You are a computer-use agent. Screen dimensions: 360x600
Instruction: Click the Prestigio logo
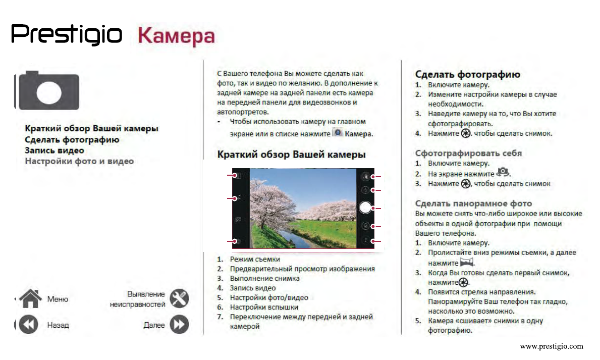[x=67, y=35]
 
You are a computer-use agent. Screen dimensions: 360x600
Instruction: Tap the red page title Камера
[x=176, y=36]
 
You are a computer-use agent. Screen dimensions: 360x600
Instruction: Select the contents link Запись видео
[x=54, y=150]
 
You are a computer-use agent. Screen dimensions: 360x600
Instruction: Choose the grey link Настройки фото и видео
[x=79, y=162]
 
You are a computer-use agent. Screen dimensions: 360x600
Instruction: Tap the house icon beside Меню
[x=30, y=298]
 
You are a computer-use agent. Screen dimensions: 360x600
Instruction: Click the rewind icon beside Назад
[x=29, y=325]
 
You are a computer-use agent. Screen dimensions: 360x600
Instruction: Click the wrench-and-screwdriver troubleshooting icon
[x=179, y=299]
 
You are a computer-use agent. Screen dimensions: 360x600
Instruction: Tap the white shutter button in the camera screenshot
[x=366, y=208]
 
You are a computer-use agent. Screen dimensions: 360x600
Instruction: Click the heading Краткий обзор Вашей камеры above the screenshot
[x=291, y=155]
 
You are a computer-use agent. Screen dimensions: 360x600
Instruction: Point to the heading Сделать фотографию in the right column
[x=467, y=75]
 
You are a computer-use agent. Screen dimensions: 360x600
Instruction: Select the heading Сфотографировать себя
[x=468, y=153]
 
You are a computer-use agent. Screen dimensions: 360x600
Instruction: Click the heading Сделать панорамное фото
[x=473, y=203]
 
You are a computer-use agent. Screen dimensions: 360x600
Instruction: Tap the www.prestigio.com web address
[x=551, y=346]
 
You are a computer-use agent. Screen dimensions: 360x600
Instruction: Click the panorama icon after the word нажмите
[x=467, y=263]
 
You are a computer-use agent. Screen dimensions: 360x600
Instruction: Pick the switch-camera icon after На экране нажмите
[x=503, y=173]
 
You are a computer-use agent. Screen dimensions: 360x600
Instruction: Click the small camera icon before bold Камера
[x=338, y=133]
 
